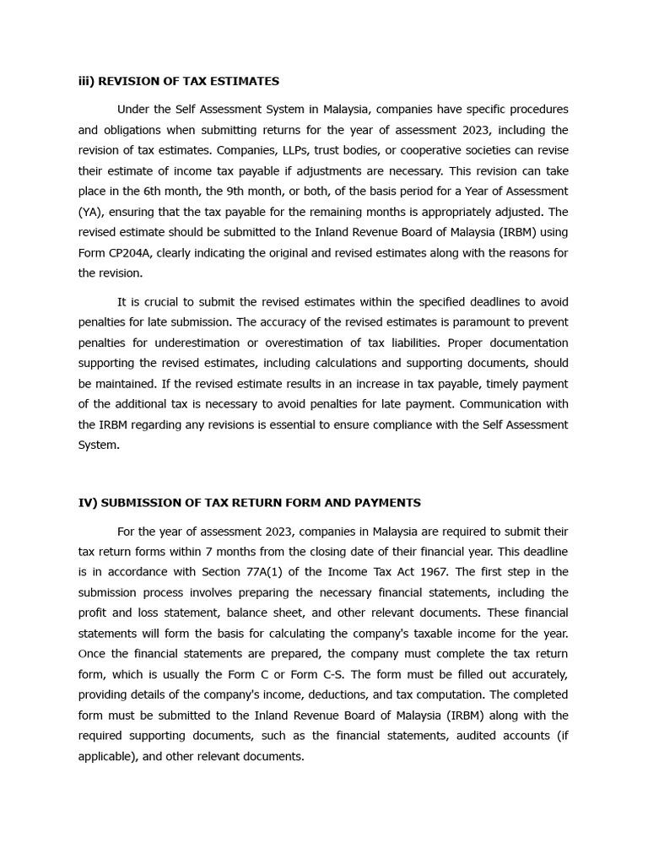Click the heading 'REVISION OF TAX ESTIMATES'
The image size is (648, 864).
coord(188,81)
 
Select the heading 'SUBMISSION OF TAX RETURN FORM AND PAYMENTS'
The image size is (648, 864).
coord(260,503)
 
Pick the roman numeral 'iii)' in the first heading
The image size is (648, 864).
coord(86,81)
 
